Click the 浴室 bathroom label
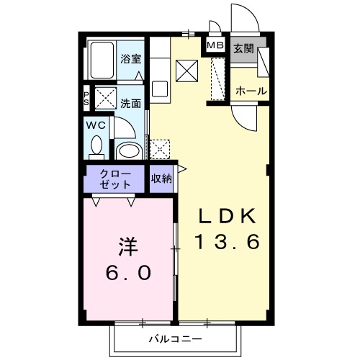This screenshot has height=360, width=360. click(x=130, y=58)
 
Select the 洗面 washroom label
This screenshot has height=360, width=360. click(x=130, y=103)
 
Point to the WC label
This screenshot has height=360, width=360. click(x=96, y=125)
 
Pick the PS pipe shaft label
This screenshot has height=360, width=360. click(x=87, y=97)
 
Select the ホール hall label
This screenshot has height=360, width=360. click(x=251, y=91)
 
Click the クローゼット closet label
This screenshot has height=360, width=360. click(x=115, y=179)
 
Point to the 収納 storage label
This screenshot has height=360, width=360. click(x=161, y=179)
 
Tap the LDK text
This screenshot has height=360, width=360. click(x=227, y=215)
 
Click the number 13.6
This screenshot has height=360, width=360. click(x=227, y=243)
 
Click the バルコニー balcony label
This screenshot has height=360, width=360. click(x=175, y=338)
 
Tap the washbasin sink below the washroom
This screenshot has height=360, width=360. click(x=130, y=150)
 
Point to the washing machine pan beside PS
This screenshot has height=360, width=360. click(x=107, y=97)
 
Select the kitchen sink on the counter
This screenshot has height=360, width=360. click(x=160, y=90)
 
